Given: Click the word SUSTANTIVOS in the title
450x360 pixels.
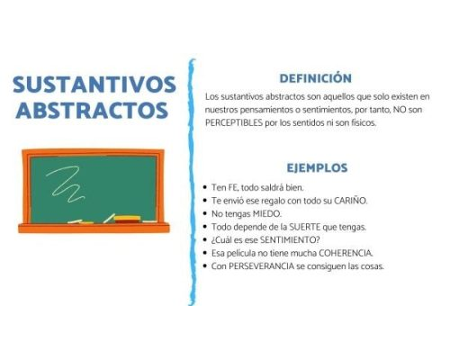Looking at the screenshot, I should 95,85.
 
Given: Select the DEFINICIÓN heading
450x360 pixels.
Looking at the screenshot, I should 315,78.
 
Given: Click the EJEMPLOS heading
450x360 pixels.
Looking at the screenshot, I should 317,168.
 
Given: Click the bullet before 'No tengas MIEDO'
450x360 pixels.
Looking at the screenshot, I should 206,214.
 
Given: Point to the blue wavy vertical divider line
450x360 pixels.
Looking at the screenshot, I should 192,180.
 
